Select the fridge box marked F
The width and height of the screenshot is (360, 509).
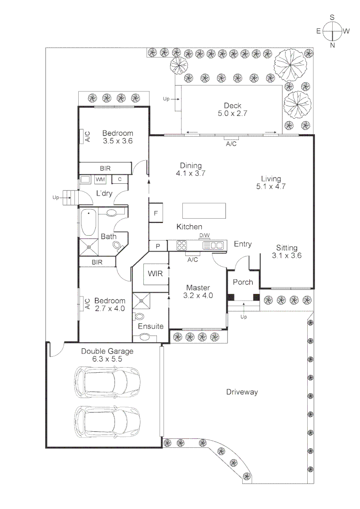pos(156,213)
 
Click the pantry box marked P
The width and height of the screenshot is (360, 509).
pos(157,246)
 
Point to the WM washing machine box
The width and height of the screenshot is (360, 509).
pos(100,179)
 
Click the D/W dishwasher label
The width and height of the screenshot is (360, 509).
pos(205,235)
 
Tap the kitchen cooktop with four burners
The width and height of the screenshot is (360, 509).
pos(182,245)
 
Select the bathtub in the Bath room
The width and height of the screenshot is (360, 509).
pos(89,223)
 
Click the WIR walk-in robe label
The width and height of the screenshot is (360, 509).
pos(155,274)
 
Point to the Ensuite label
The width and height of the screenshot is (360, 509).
pos(150,326)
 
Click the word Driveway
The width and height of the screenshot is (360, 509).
pos(242,392)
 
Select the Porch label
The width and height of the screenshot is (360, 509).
pos(243,282)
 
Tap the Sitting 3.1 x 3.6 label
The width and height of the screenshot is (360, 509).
pos(286,252)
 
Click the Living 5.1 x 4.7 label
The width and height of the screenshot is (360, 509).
pos(271,182)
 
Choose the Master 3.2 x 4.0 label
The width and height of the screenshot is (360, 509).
pos(197,292)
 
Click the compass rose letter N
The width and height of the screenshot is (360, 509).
pos(333,45)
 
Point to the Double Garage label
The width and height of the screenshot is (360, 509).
pos(107,355)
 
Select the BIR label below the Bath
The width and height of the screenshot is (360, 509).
pos(97,262)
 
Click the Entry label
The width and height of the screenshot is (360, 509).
pos(243,244)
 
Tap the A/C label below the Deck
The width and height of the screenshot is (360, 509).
pos(231,144)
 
